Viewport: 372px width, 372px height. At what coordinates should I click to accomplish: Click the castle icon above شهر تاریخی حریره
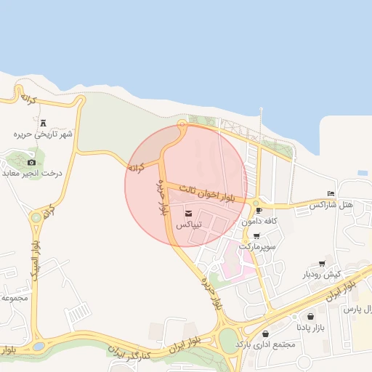click(43, 124)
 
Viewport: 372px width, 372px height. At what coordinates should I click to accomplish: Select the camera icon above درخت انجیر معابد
click(31, 162)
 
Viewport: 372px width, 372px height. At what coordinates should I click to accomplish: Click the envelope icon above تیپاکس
click(189, 214)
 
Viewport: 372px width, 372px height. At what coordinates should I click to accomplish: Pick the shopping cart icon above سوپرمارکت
click(256, 235)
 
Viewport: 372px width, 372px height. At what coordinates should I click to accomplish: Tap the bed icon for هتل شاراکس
click(331, 194)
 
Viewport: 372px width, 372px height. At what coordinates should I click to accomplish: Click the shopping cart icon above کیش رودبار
click(322, 264)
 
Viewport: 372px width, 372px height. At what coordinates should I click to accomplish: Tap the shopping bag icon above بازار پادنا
click(311, 317)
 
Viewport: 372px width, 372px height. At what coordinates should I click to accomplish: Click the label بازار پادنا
click(311, 328)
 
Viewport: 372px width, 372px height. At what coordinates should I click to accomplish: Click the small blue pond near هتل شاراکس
click(362, 173)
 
